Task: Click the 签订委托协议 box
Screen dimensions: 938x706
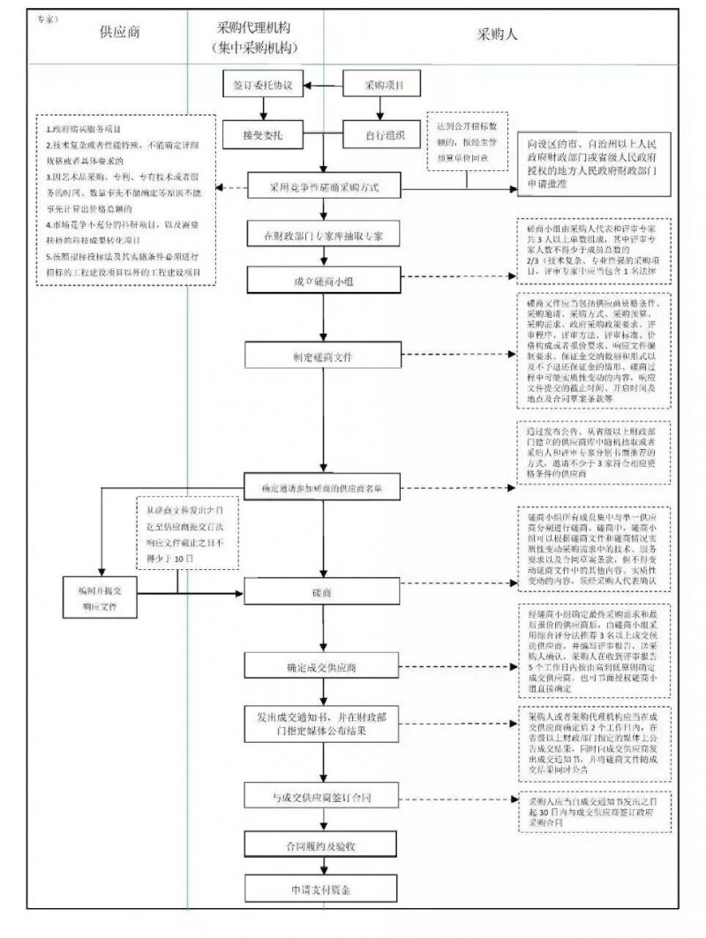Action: click(x=262, y=86)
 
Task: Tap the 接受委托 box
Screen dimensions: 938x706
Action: click(x=262, y=135)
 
